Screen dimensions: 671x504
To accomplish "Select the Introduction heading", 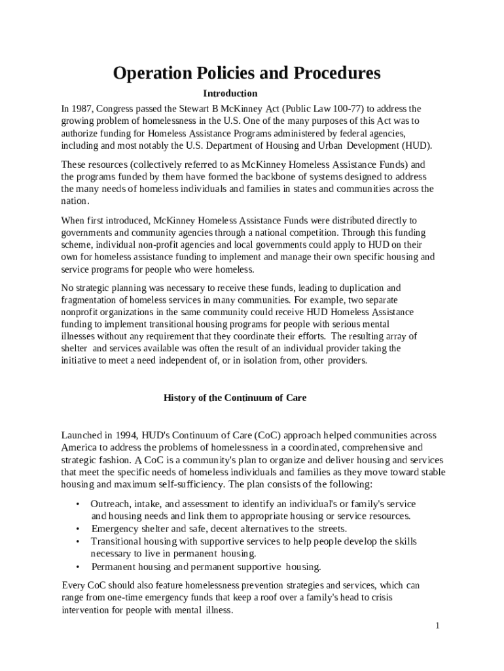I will pos(230,94).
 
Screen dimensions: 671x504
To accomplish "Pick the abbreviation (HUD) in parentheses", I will pos(416,145).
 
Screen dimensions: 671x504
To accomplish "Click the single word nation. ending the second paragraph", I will pos(75,202).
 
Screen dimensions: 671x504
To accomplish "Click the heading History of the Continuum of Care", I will pos(234,398).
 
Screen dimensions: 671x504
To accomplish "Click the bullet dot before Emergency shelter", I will pos(78,529).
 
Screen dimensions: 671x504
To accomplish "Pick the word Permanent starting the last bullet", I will pos(114,567).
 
